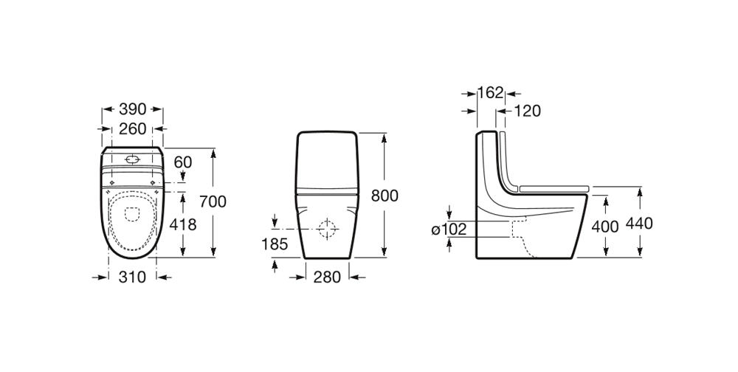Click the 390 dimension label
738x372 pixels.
[x=132, y=109]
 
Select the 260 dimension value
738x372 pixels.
[x=132, y=128]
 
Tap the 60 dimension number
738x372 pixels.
[x=183, y=162]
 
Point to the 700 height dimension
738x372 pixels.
[x=213, y=201]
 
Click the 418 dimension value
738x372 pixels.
[x=182, y=224]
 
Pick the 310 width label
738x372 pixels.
[x=132, y=277]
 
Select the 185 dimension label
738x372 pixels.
[x=275, y=244]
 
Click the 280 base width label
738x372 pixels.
[x=327, y=277]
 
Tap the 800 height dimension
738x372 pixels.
[x=384, y=196]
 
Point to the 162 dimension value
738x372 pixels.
[x=491, y=92]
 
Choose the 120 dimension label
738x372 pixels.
[x=527, y=111]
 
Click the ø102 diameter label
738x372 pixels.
[x=449, y=230]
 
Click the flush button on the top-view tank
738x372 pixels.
[x=133, y=160]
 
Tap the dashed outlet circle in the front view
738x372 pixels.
[x=328, y=230]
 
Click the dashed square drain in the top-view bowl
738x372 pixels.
[x=133, y=214]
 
